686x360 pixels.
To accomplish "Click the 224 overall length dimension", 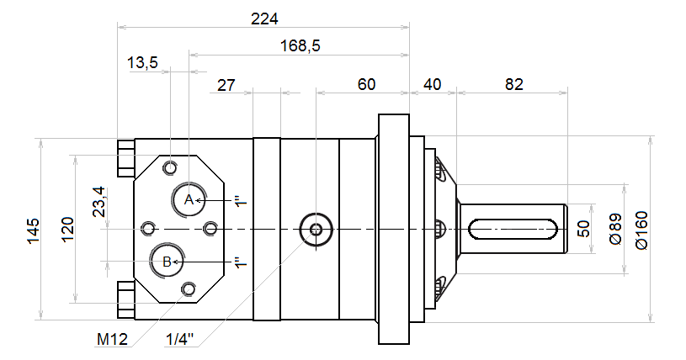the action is (264, 19).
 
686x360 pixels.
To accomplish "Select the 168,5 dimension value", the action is (300, 45).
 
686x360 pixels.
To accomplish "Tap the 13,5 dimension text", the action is (142, 62).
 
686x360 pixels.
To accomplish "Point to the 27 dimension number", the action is (226, 85).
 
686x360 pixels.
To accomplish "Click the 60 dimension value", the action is (367, 84).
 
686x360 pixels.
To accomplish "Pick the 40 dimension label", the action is (433, 84).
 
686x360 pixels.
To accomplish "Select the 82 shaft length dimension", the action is (514, 84).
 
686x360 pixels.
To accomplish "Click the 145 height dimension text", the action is (34, 231).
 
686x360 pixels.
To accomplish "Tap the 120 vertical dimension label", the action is (68, 229).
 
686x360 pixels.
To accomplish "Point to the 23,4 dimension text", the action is (98, 202).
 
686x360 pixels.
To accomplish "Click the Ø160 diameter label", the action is (641, 230).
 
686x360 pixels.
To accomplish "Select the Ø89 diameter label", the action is (615, 229).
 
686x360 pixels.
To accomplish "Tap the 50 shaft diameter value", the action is (583, 229).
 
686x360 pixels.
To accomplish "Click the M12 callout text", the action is (113, 339).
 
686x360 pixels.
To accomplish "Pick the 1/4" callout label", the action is (180, 339).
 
